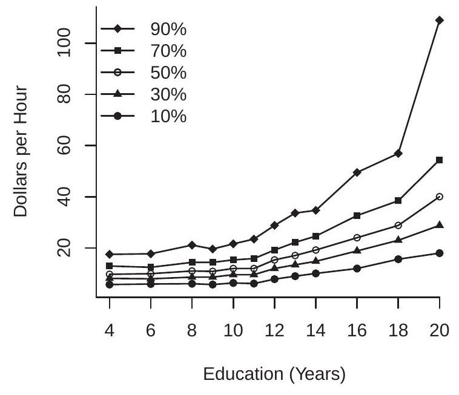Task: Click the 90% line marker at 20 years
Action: pos(440,20)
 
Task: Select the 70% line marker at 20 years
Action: pos(440,160)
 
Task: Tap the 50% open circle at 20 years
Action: pos(440,197)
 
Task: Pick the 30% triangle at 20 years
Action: pos(440,225)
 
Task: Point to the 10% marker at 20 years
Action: pos(440,253)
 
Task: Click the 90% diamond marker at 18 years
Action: pos(398,154)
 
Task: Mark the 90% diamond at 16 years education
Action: pos(357,172)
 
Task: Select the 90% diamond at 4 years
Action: pos(110,254)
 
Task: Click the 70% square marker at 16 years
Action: pos(357,215)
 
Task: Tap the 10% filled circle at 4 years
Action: pos(110,284)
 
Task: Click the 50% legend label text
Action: pos(169,73)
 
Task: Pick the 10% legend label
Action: pos(169,117)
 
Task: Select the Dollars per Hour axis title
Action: pos(21,151)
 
